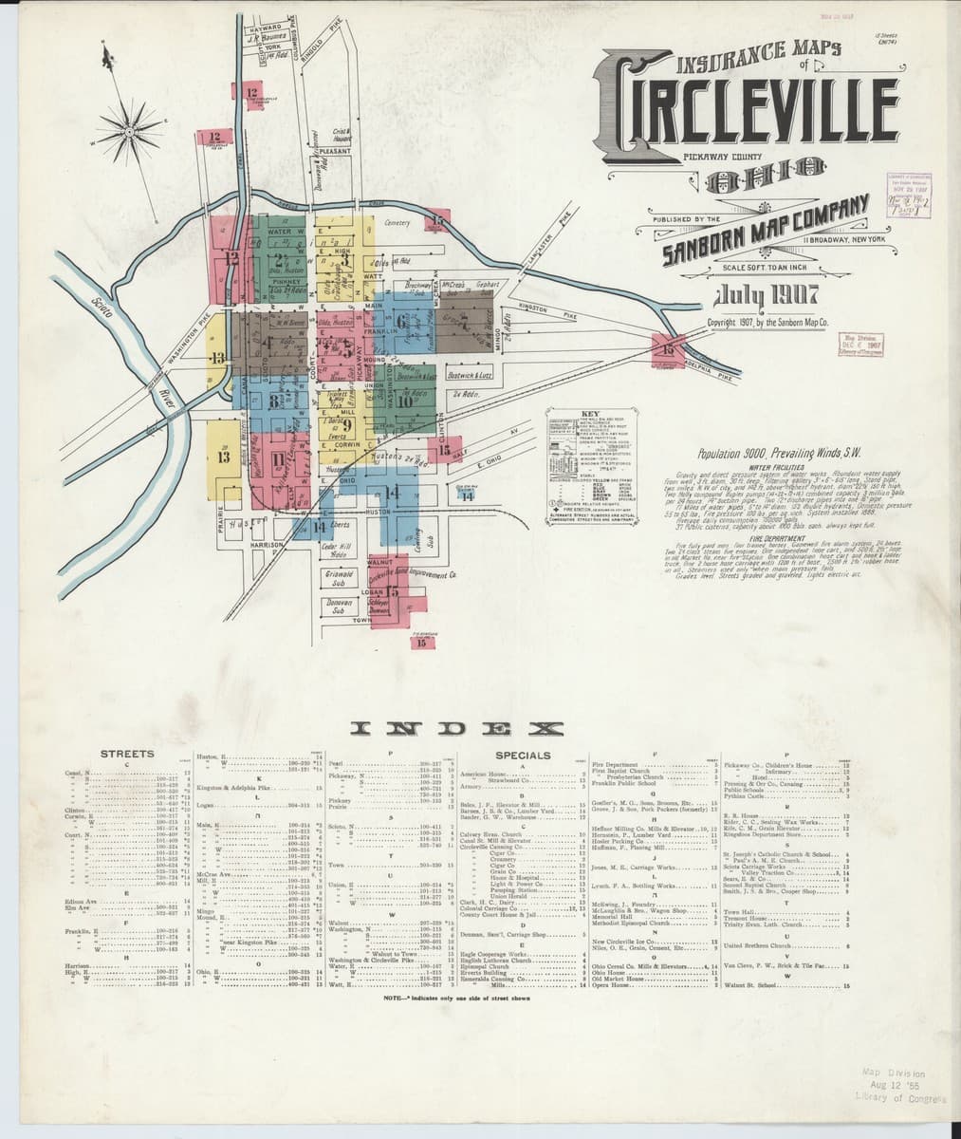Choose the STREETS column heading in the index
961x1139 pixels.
tap(127, 754)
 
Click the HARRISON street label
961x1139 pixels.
tap(268, 545)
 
